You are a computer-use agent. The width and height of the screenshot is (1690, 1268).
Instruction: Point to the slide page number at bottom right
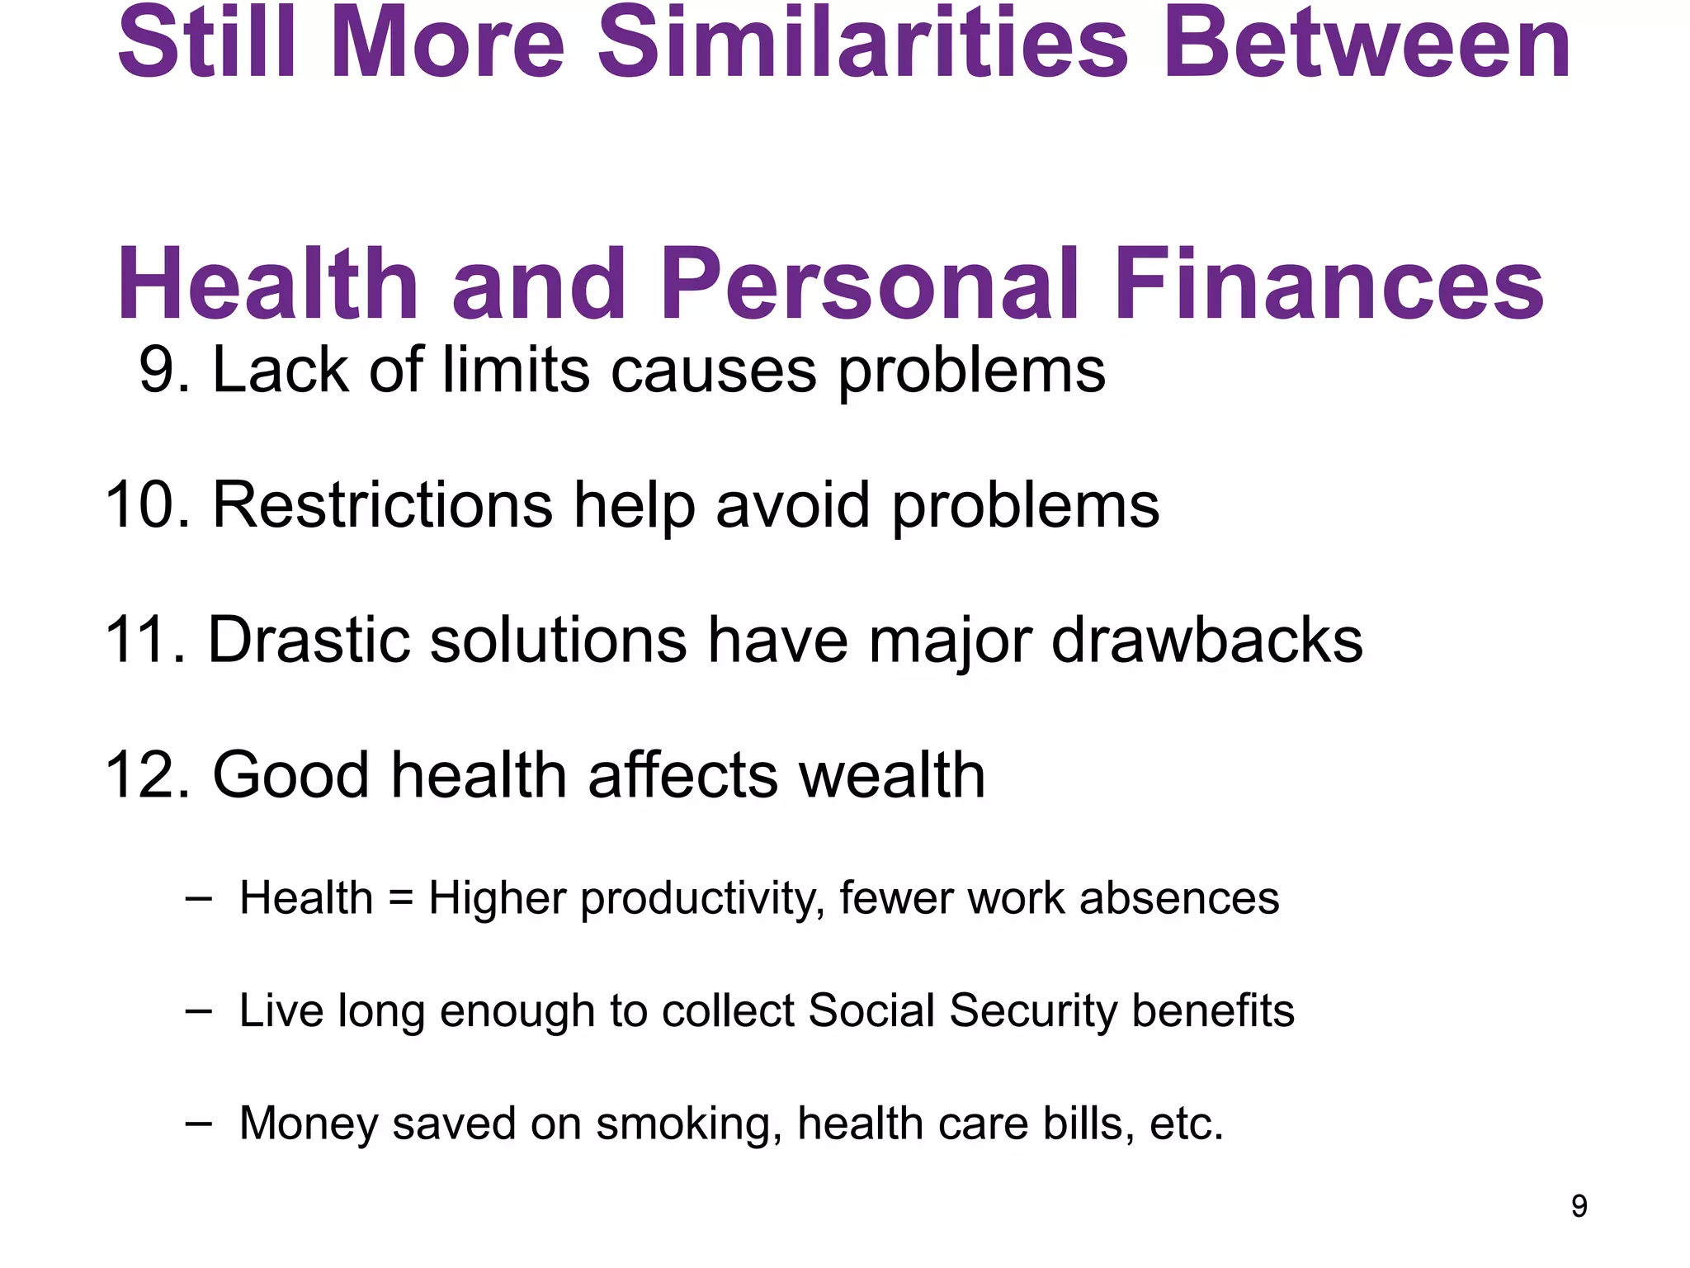tap(1579, 1206)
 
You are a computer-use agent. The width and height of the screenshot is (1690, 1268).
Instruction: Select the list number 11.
tap(145, 640)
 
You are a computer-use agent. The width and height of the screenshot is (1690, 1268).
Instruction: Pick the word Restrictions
tap(383, 504)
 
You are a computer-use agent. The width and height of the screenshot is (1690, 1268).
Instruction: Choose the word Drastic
tap(309, 640)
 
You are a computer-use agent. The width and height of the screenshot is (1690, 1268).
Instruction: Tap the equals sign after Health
tap(400, 898)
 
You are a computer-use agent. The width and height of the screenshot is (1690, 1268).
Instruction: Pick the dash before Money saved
tap(198, 1124)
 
